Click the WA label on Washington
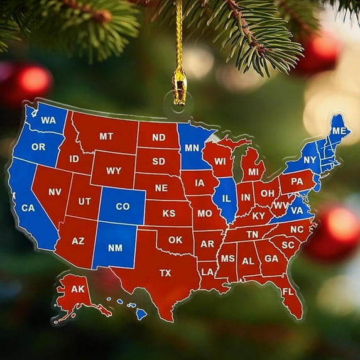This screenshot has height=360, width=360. [48, 120]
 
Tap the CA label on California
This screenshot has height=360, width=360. [28, 207]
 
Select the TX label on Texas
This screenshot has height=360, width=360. [165, 273]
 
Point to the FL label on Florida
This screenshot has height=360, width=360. [288, 292]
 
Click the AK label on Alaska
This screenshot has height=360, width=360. [77, 289]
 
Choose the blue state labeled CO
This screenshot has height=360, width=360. [123, 206]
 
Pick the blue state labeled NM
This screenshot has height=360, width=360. [115, 248]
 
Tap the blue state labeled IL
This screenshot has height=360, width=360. [226, 198]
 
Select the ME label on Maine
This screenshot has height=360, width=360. [339, 131]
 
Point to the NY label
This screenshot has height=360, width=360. [310, 160]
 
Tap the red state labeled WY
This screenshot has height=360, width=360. [114, 170]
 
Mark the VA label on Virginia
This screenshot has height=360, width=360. [297, 210]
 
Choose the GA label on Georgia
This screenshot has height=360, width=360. [271, 258]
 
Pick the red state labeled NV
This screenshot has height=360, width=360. [55, 192]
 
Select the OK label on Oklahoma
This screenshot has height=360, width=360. [175, 239]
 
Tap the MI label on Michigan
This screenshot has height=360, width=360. [253, 172]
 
